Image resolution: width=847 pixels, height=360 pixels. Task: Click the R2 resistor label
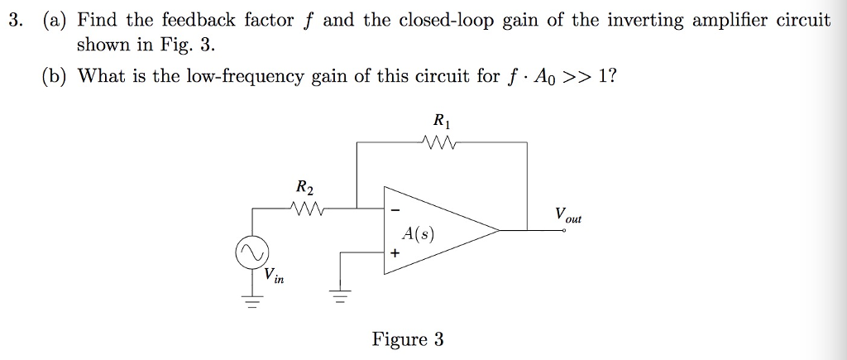[304, 187]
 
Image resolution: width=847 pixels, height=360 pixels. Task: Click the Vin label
[274, 276]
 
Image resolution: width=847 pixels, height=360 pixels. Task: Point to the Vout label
[568, 215]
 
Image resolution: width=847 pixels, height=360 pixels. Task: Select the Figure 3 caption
[407, 339]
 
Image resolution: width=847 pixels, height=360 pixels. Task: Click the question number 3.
[14, 21]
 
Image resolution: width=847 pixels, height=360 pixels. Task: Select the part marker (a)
[54, 21]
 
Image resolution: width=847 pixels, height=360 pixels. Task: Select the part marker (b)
[55, 76]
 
